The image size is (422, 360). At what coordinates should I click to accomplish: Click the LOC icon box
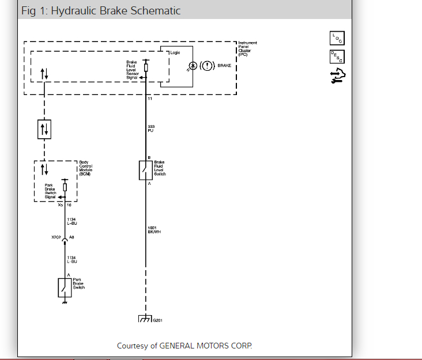[337, 38]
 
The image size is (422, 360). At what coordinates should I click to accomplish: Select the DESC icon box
[337, 56]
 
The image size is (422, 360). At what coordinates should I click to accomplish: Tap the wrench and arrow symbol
[337, 76]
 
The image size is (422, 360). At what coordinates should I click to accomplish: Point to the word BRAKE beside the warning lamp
[224, 66]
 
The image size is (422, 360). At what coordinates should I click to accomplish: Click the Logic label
[175, 52]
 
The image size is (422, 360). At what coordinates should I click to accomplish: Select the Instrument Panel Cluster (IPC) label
[248, 48]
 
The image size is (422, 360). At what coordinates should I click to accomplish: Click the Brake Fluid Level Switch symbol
[146, 170]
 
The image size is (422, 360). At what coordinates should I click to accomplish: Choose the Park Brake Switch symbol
[65, 287]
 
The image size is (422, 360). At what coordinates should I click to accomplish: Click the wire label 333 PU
[151, 128]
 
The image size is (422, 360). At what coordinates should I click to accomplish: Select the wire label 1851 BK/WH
[154, 230]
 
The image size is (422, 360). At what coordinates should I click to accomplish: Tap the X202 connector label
[56, 237]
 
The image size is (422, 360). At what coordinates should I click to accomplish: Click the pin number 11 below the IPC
[150, 99]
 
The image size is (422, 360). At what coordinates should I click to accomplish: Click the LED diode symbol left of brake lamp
[193, 66]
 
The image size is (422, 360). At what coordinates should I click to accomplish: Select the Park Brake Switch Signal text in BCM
[50, 191]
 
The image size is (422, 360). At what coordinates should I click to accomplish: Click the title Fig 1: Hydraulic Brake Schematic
[101, 11]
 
